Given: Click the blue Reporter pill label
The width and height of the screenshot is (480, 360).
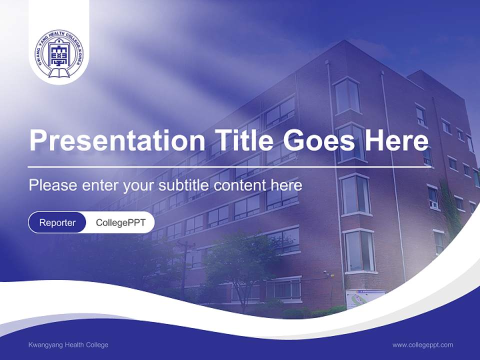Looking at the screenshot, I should point(57,222).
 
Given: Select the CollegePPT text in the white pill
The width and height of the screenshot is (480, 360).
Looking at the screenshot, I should point(120,222).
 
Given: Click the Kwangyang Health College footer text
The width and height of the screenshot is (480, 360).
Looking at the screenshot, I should point(68,345).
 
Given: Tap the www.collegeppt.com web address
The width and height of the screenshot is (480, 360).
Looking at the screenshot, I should point(422,345).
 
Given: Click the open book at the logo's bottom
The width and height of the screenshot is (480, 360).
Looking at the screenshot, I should point(59,74).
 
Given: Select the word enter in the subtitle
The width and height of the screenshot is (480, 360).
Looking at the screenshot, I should point(100,185).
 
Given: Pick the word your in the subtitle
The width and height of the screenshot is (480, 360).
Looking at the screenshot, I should point(140,185).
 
